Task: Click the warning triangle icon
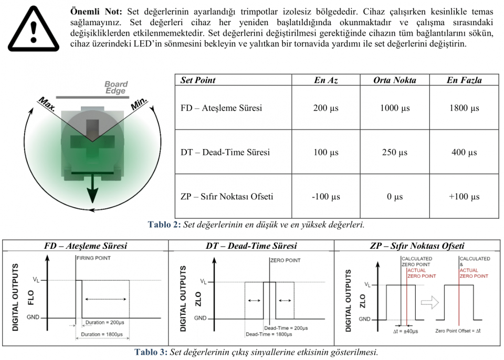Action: point(34,29)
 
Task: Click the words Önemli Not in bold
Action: point(96,12)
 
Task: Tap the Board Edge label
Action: point(116,88)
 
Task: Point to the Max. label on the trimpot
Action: point(47,104)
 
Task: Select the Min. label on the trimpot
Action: point(139,103)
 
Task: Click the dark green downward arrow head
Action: point(92,194)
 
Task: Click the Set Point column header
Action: point(198,80)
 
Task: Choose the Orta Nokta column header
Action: point(394,80)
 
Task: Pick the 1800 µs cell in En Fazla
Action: point(464,108)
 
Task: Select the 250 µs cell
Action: point(394,152)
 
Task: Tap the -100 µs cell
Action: point(325,196)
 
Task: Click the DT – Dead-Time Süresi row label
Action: point(225,152)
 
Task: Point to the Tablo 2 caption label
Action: point(164,225)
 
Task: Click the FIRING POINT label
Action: point(93,258)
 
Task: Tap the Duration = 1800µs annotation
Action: point(102,334)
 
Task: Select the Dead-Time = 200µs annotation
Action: point(286,328)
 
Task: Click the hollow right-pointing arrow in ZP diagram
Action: point(430,302)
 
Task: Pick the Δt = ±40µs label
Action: point(405,331)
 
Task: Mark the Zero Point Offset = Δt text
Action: point(458,331)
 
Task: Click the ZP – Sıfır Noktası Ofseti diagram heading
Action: point(417,246)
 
